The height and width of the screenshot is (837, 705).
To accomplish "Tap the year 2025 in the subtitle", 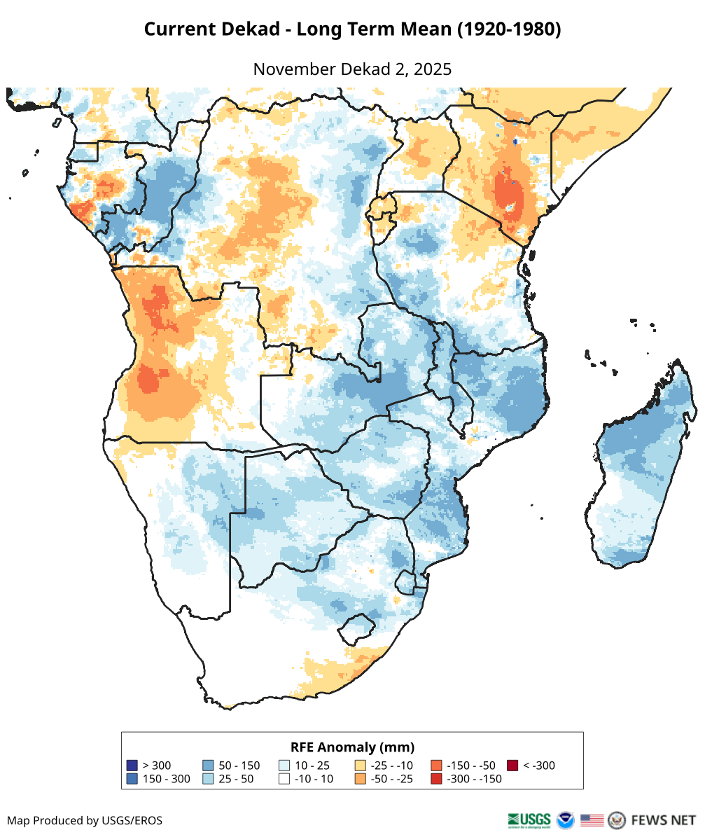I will tap(433, 69).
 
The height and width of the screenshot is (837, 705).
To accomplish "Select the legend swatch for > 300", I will tap(132, 766).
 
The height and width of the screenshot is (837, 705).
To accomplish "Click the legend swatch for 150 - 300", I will tap(132, 779).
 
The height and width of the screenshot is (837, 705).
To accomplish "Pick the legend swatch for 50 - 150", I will tap(208, 766).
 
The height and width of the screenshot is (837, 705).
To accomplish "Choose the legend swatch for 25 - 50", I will tap(208, 779).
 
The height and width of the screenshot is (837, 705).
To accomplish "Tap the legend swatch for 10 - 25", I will tap(284, 766).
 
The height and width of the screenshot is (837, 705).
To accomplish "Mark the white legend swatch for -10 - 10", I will tap(284, 779).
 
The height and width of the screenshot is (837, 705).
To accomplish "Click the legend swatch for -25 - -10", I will tap(361, 766).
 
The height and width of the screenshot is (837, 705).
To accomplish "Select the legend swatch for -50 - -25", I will tap(361, 779).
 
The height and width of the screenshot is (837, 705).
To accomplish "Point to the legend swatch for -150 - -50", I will tap(436, 766).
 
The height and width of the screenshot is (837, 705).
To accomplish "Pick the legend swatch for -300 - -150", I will tap(436, 779).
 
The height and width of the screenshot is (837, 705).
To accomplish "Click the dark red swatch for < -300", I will tap(512, 766).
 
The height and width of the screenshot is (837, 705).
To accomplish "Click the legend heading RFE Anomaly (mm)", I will tap(352, 747).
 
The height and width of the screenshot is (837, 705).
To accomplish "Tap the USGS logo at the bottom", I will tap(529, 819).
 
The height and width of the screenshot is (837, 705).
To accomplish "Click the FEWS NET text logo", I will tap(663, 819).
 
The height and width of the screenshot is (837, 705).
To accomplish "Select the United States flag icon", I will tap(592, 819).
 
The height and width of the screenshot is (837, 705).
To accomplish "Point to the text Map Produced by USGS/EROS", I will tap(85, 820).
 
